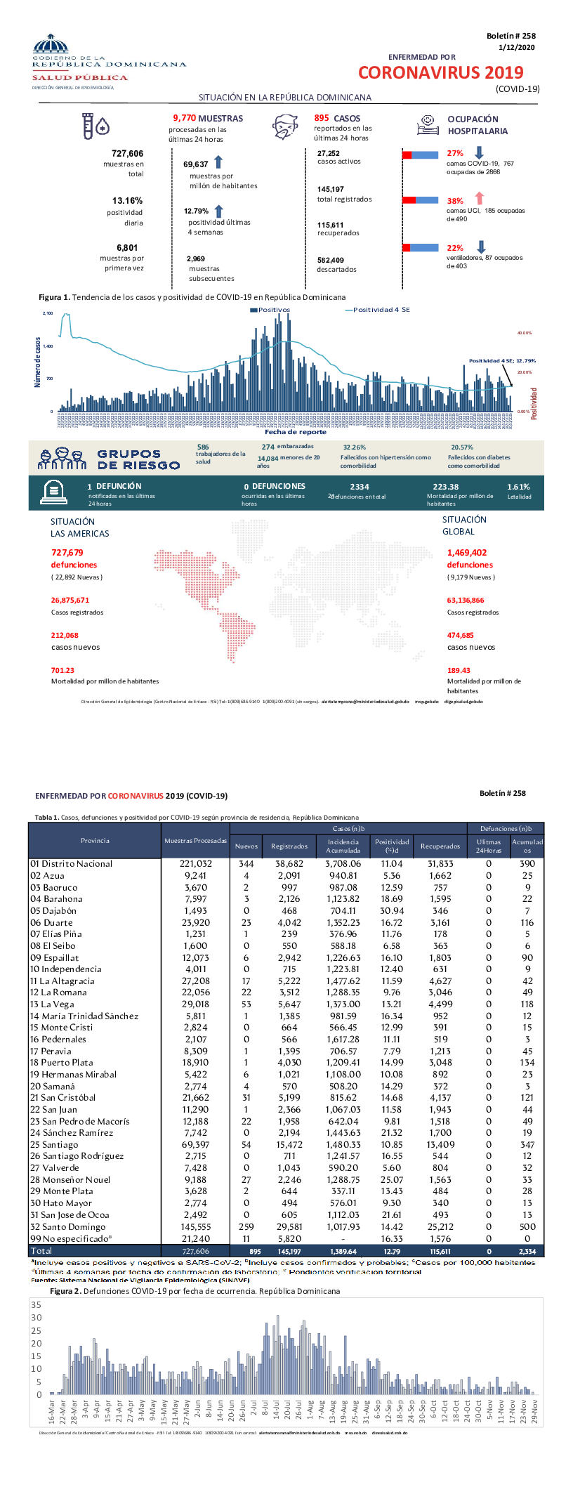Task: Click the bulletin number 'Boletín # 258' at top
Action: [511, 36]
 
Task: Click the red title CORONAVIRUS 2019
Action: [440, 73]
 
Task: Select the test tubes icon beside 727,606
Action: [95, 126]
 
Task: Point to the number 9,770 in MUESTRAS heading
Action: [184, 118]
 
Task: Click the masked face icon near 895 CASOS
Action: [284, 127]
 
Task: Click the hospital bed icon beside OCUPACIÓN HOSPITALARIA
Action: [428, 125]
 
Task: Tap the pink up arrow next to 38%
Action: [480, 199]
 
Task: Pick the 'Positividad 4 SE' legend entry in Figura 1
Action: [379, 310]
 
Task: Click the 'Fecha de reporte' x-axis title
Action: [295, 432]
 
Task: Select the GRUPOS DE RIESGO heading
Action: [138, 459]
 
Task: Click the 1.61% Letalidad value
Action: [518, 487]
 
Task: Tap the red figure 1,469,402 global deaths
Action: [466, 553]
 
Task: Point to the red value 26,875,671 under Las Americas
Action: [70, 600]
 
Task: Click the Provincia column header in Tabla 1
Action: [95, 840]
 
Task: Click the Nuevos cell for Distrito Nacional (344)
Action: [246, 864]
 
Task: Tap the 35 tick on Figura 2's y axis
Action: [37, 1304]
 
